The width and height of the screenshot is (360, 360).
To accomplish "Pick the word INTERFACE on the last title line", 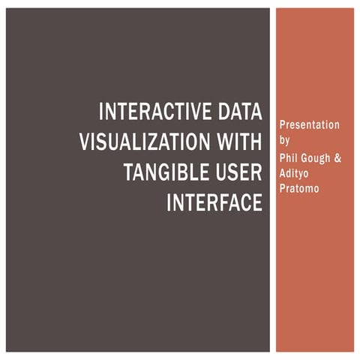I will click(214, 202).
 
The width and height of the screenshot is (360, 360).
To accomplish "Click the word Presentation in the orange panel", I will click(308, 124).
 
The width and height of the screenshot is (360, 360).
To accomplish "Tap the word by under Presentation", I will click(283, 139).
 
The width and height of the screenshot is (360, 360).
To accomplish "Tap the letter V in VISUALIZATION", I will click(85, 142).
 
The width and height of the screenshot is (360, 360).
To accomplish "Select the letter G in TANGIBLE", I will click(164, 172).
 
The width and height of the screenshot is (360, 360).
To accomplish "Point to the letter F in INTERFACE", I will click(229, 202).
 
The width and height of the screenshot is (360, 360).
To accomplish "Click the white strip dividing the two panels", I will click(273, 180).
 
